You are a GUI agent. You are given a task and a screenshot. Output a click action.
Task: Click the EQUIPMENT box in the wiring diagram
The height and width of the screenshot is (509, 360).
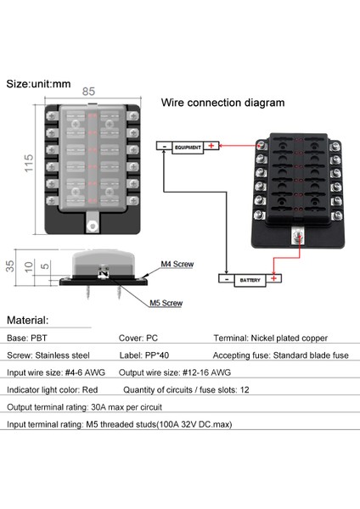tap(187, 148)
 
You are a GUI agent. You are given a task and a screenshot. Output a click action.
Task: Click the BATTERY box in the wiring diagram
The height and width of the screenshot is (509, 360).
tap(251, 278)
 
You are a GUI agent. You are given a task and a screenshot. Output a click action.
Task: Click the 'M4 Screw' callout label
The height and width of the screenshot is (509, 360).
tap(177, 265)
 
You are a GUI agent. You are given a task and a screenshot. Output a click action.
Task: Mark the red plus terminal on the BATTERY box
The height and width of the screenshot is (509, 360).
tap(274, 278)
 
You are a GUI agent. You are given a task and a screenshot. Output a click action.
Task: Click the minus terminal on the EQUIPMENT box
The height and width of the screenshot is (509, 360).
tap(164, 148)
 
